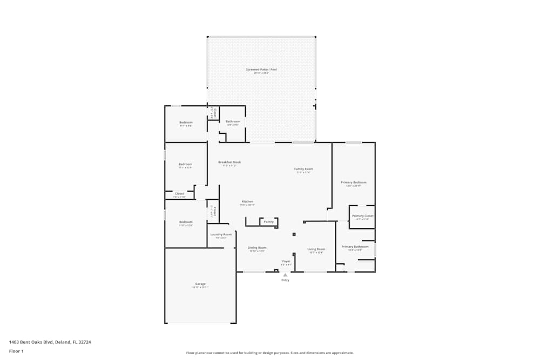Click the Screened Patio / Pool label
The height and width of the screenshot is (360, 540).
(x=261, y=70)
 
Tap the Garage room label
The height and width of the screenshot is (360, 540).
(x=200, y=284)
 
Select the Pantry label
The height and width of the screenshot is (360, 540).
(x=268, y=222)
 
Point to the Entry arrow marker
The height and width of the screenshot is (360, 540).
(x=285, y=275)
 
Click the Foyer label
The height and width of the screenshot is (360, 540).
(x=286, y=261)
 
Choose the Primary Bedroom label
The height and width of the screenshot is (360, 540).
(x=354, y=182)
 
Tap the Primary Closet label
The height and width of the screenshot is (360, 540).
(x=362, y=216)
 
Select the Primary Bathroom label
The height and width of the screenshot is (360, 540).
(x=355, y=247)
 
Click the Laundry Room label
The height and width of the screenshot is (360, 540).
(x=221, y=234)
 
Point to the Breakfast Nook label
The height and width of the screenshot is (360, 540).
(x=230, y=162)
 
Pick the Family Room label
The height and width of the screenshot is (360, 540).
(x=303, y=169)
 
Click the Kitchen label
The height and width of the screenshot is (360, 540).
(x=247, y=201)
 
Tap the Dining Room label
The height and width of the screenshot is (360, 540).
(x=257, y=248)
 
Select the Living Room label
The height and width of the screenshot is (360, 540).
(x=316, y=249)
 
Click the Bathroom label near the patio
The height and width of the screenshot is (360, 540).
(x=233, y=121)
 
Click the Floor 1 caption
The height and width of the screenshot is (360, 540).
(x=16, y=351)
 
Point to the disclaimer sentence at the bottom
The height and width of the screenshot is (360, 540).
(x=270, y=353)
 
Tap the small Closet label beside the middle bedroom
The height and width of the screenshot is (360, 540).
(x=179, y=194)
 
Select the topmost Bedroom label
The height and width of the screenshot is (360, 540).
(x=186, y=123)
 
